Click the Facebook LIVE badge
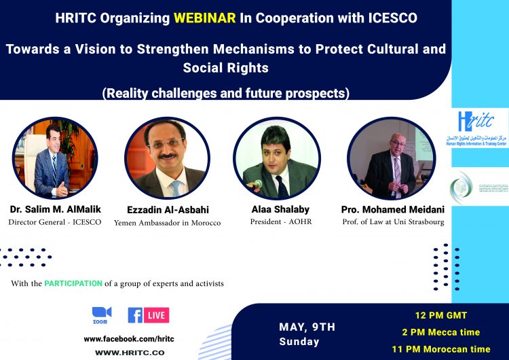pyautogui.click(x=148, y=315)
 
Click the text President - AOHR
pyautogui.click(x=277, y=222)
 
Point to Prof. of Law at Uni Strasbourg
pyautogui.click(x=383, y=222)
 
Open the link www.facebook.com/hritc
pyautogui.click(x=125, y=338)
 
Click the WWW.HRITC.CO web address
pyautogui.click(x=129, y=353)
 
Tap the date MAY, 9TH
pyautogui.click(x=307, y=327)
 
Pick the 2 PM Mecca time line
pyautogui.click(x=441, y=332)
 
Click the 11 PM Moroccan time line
pyautogui.click(x=441, y=349)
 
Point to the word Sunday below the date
pyautogui.click(x=299, y=342)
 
